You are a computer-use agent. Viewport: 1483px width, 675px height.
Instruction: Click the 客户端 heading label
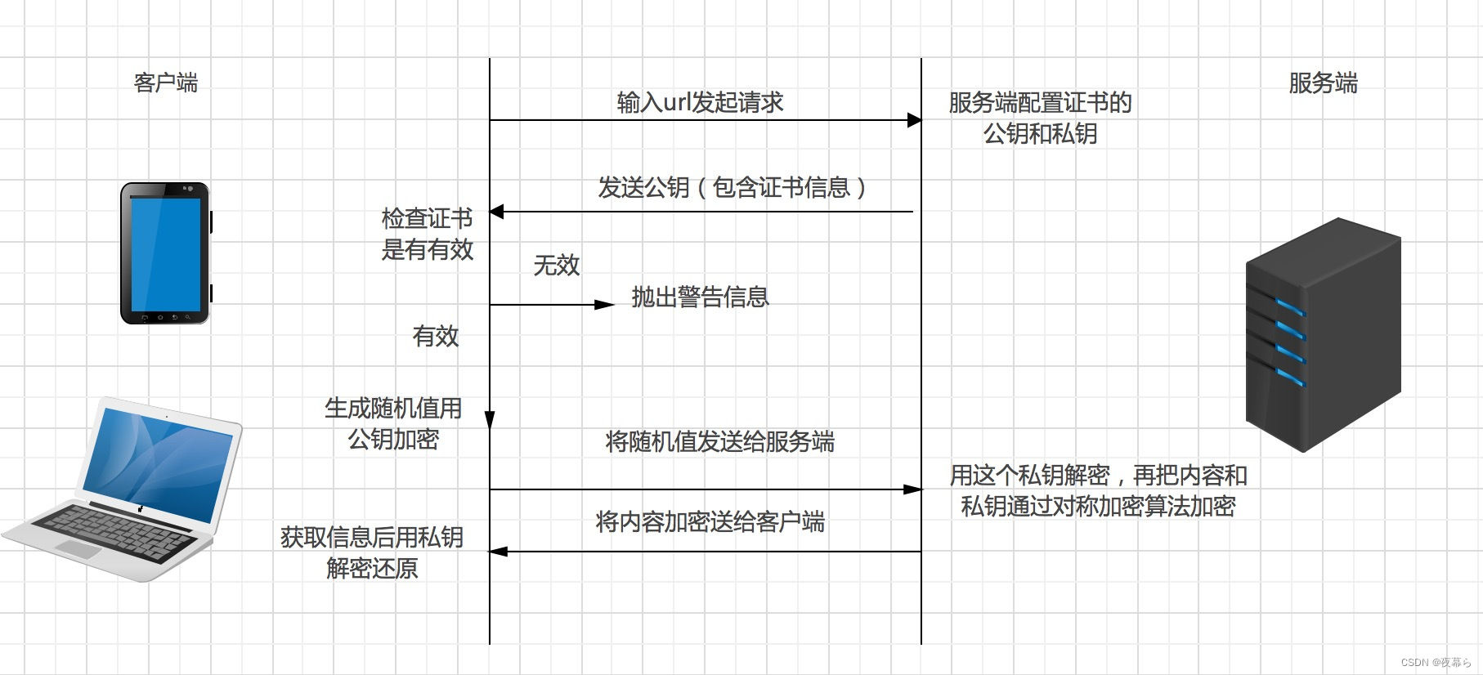click(165, 83)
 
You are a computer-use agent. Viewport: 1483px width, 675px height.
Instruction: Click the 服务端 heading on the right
click(1323, 83)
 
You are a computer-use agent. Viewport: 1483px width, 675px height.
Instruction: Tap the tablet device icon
click(166, 253)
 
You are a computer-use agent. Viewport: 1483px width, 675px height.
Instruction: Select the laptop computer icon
click(123, 490)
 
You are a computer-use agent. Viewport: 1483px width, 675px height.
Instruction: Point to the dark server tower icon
click(1323, 334)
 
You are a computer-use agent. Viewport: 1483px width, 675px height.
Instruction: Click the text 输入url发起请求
click(700, 102)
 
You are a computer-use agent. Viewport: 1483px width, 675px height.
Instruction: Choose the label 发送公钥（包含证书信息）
click(732, 187)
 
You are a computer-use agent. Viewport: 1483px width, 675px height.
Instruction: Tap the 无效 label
click(556, 265)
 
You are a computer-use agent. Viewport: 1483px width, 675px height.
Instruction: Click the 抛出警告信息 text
click(700, 297)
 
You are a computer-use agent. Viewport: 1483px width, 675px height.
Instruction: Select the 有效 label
click(435, 336)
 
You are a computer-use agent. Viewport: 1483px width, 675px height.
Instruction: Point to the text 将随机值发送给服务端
click(719, 441)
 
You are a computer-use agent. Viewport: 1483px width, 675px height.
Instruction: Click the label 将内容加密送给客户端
click(710, 521)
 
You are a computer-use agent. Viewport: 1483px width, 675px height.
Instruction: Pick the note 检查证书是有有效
click(427, 234)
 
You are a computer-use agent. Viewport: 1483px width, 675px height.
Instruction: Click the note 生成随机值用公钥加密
click(393, 423)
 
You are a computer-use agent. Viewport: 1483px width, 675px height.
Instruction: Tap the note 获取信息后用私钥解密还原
click(372, 552)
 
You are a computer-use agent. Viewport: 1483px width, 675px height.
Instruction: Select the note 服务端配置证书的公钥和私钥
click(1040, 118)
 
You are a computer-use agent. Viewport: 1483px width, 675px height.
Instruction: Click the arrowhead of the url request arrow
click(915, 120)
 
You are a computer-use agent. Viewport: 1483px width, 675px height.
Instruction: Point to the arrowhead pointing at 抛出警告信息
click(605, 305)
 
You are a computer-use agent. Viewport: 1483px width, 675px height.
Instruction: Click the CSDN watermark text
click(1436, 663)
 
